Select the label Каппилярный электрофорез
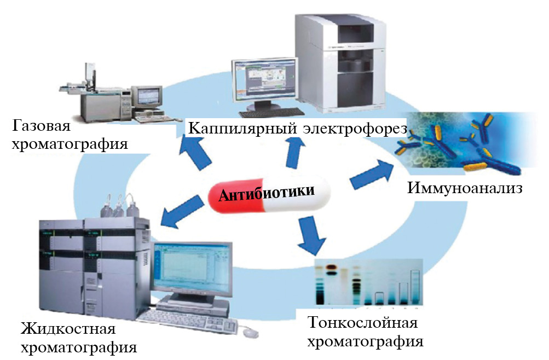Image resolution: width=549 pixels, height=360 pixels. (x=297, y=129)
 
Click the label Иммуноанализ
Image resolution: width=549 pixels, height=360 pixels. (x=465, y=189)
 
